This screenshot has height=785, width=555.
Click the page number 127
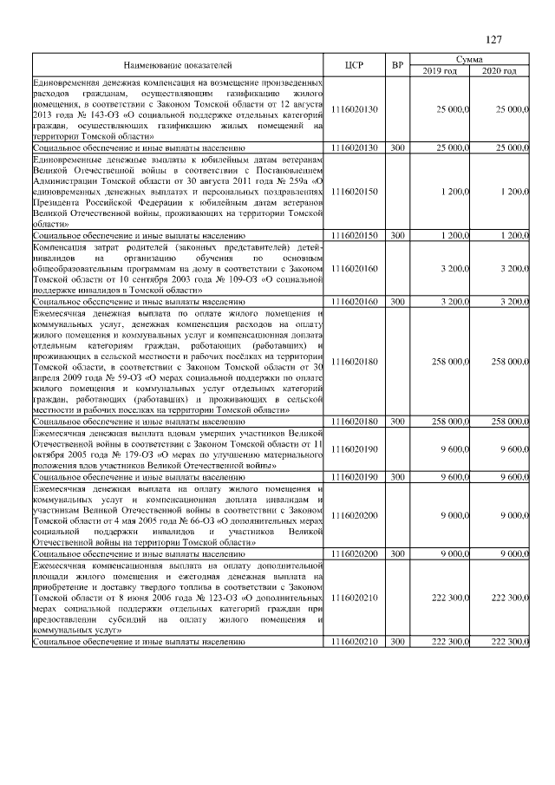(x=493, y=38)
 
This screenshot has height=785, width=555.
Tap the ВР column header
(x=397, y=65)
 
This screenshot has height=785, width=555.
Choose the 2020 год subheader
(x=499, y=70)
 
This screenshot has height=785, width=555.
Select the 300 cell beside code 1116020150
(x=397, y=234)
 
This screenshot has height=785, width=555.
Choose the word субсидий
(x=114, y=618)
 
